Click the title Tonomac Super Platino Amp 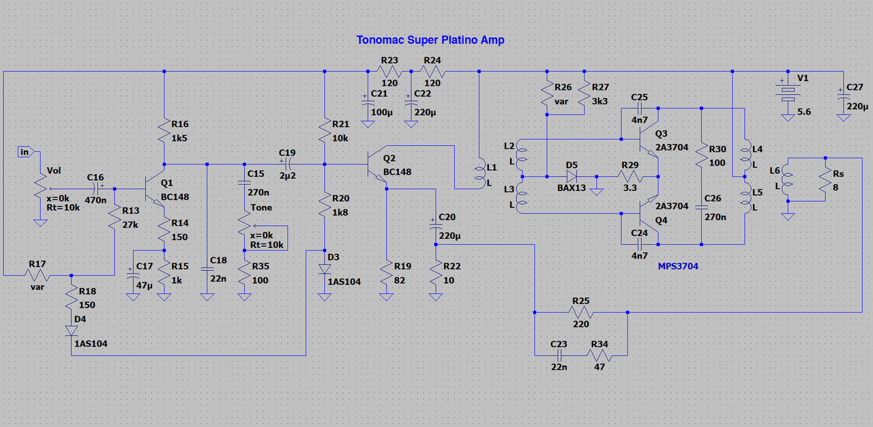tap(430, 40)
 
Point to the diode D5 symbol tap(571, 176)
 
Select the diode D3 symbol tap(325, 269)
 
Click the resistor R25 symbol tap(580, 313)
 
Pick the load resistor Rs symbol tap(825, 179)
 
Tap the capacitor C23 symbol tap(559, 355)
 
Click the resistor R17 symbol tap(38, 276)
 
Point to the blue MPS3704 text tap(678, 266)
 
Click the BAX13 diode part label tap(572, 188)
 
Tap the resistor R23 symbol tap(389, 72)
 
